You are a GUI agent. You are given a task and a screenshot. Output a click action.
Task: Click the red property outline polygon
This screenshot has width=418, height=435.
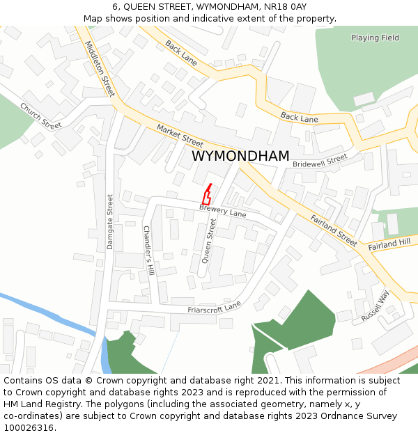point(206,196)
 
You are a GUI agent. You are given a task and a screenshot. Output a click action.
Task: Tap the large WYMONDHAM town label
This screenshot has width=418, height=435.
point(240,157)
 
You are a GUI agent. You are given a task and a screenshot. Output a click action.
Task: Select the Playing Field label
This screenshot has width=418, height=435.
point(375,38)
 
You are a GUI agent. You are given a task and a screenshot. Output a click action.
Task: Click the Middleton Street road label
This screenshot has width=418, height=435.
point(99,68)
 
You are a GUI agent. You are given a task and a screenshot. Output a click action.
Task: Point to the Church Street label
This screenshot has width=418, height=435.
point(40,116)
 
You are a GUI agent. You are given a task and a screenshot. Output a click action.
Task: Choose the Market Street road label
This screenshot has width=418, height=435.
point(180,134)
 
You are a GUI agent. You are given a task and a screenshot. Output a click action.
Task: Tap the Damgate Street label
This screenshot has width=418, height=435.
point(110,221)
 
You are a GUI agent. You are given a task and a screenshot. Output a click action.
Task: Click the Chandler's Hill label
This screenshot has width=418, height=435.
point(148,250)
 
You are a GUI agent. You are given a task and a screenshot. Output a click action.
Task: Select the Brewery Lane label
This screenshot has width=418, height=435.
point(222,210)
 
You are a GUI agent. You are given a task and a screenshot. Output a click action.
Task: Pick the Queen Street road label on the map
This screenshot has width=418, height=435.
point(208,240)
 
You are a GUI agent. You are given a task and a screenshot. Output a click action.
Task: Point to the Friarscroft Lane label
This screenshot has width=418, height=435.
point(214,308)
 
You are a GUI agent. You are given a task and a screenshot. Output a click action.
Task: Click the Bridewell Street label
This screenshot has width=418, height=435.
point(319,161)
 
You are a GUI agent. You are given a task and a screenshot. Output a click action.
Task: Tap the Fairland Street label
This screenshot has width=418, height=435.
point(334,229)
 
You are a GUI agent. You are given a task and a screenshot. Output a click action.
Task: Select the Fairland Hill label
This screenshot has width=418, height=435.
point(389,244)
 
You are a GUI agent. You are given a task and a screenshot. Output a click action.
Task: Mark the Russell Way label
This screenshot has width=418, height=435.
point(375,306)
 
